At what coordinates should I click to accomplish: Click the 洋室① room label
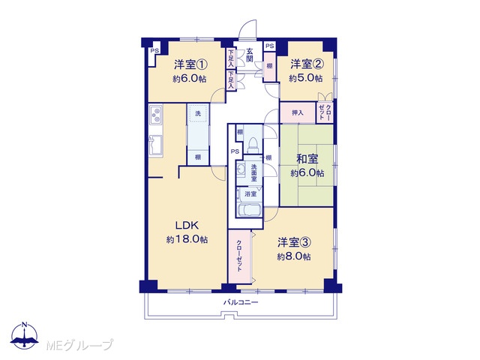pos(190,64)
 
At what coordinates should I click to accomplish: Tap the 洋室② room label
pos(307,64)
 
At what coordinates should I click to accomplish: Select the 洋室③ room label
pos(295,242)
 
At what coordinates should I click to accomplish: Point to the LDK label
pos(187,226)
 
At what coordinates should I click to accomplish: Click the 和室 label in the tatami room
pos(307,159)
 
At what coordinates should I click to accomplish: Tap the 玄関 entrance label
pos(250,55)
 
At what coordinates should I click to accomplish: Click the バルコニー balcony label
pos(241,303)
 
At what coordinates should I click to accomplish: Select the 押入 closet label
pos(298,112)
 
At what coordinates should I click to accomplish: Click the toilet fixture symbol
pos(253,145)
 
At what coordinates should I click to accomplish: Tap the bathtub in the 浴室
pos(249,210)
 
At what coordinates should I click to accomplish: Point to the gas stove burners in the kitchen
pos(156,114)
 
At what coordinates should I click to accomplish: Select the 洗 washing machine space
pos(198,113)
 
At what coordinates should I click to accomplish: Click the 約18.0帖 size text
pos(187,239)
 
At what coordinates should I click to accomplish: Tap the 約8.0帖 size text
pos(294,256)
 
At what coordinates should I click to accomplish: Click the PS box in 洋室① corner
pos(154,51)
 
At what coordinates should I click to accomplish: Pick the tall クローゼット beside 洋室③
pos(239,256)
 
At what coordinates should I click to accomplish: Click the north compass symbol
pos(24,335)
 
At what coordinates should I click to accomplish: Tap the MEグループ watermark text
pos(80,345)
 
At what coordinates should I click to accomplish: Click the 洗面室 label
pos(254,172)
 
